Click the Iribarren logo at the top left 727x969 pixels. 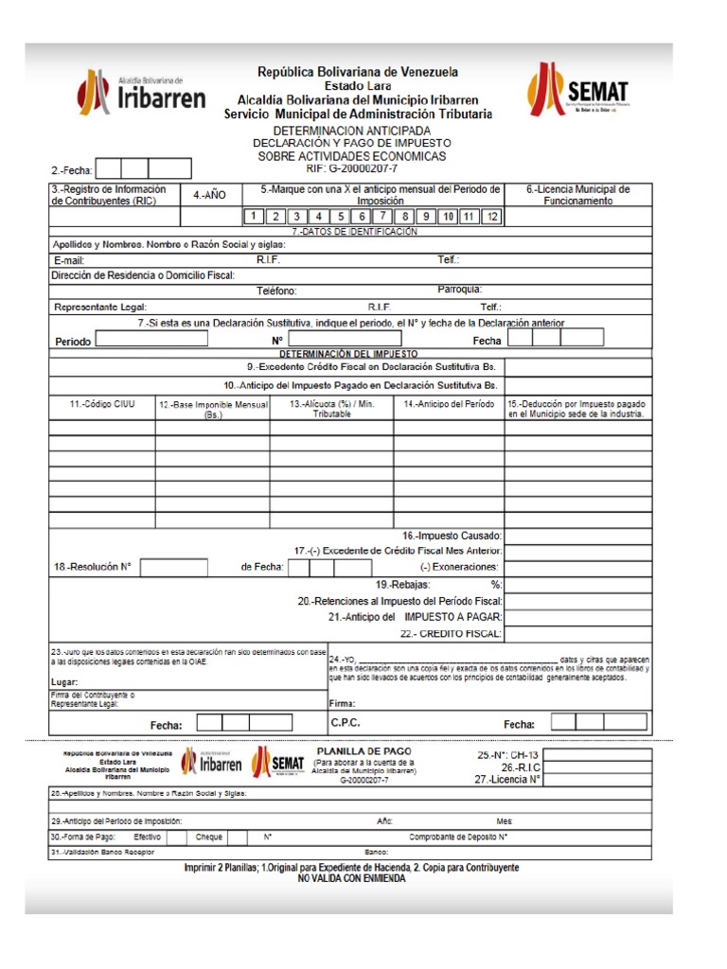(141, 93)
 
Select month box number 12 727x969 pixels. (490, 217)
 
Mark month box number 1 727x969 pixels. (253, 217)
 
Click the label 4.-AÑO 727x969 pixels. (209, 195)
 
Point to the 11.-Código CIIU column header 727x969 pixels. (102, 404)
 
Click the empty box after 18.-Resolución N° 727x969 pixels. (173, 568)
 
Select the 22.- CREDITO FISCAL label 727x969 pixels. (451, 633)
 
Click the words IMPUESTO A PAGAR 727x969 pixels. (453, 617)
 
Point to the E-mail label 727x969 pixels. (70, 259)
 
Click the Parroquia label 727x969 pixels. (460, 290)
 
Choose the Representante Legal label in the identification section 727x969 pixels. (100, 308)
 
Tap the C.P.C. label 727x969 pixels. (346, 723)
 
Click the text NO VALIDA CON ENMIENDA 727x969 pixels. (351, 878)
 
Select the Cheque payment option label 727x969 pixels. (208, 837)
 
